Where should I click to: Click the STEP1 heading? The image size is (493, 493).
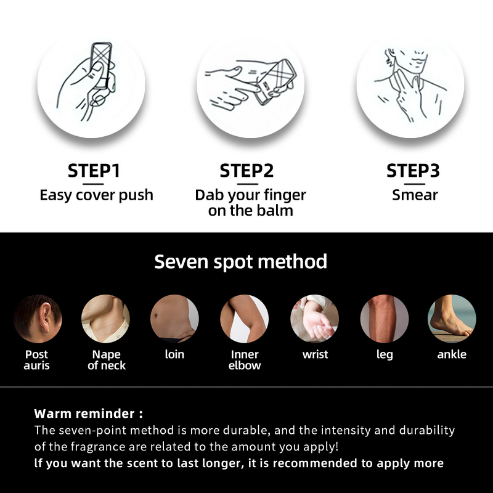click(94, 171)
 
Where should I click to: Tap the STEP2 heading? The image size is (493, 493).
click(246, 171)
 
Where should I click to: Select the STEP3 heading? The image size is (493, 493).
click(413, 171)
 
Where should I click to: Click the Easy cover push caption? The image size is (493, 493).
click(96, 195)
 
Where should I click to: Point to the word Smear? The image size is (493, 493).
click(415, 195)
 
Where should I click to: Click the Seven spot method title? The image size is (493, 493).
click(240, 261)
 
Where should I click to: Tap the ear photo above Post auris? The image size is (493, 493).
click(38, 319)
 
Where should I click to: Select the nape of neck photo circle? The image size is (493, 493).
click(105, 319)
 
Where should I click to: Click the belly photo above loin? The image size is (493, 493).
click(174, 319)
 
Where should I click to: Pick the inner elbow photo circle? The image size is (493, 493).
click(244, 319)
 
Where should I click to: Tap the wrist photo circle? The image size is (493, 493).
click(314, 319)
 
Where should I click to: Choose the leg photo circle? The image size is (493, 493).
click(384, 319)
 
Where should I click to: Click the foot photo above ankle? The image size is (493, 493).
click(452, 319)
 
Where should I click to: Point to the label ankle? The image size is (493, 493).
click(452, 354)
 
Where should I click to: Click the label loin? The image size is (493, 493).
click(174, 354)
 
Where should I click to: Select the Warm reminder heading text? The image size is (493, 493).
click(88, 414)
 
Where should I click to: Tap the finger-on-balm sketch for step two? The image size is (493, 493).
click(251, 84)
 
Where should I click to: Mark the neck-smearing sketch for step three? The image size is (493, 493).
click(410, 84)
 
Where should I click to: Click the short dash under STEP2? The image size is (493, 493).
click(248, 184)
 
